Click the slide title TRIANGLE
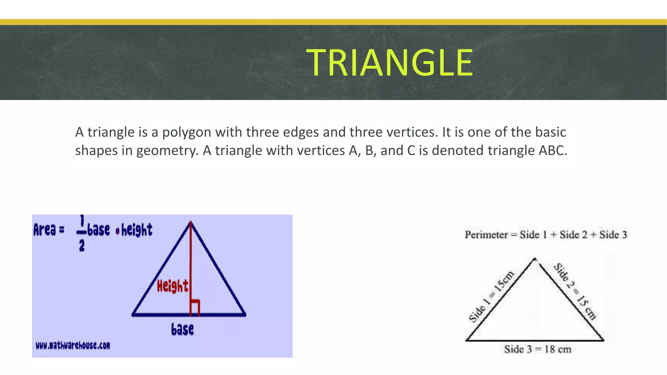pyautogui.click(x=389, y=62)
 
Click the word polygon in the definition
pyautogui.click(x=187, y=132)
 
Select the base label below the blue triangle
pyautogui.click(x=182, y=329)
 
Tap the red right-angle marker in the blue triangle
pyautogui.click(x=195, y=307)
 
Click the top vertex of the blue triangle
pyautogui.click(x=191, y=222)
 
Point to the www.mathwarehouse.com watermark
pyautogui.click(x=73, y=345)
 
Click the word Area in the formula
pyautogui.click(x=45, y=230)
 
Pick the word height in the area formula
pyautogui.click(x=137, y=230)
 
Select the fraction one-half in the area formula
pyautogui.click(x=81, y=233)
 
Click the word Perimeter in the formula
pyautogui.click(x=486, y=235)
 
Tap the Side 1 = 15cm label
pyautogui.click(x=491, y=296)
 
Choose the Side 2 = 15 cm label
pyautogui.click(x=575, y=291)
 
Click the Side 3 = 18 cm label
pyautogui.click(x=538, y=350)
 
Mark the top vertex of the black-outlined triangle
pyautogui.click(x=534, y=259)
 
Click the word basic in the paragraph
pyautogui.click(x=550, y=132)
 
